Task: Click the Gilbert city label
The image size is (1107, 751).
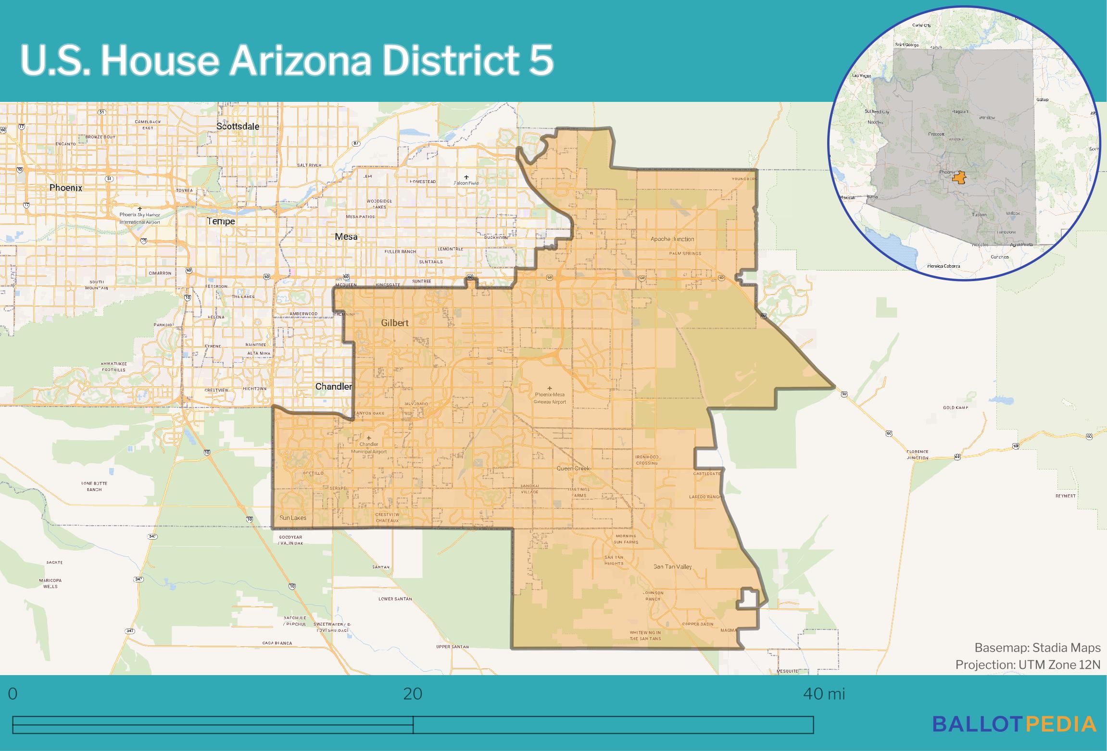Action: click(395, 323)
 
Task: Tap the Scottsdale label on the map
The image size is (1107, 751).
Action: click(238, 126)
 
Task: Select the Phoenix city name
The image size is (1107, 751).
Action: click(66, 188)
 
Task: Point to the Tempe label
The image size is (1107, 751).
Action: click(221, 221)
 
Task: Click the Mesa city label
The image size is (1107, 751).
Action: click(346, 236)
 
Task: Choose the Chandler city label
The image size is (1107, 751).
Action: click(334, 386)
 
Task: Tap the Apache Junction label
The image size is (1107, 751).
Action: click(672, 239)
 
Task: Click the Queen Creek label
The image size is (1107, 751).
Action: click(573, 468)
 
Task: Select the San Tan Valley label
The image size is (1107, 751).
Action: click(672, 566)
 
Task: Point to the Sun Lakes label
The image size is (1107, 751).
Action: click(293, 518)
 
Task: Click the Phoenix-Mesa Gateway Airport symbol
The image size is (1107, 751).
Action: click(550, 388)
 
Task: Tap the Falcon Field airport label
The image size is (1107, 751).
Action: click(466, 183)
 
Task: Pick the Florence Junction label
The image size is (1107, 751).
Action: click(918, 455)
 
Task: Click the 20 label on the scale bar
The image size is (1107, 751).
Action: click(413, 694)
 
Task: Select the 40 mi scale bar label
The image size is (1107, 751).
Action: click(824, 694)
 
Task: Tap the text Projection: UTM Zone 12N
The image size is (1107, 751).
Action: click(1028, 665)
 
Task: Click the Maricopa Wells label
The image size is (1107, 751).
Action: click(50, 583)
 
